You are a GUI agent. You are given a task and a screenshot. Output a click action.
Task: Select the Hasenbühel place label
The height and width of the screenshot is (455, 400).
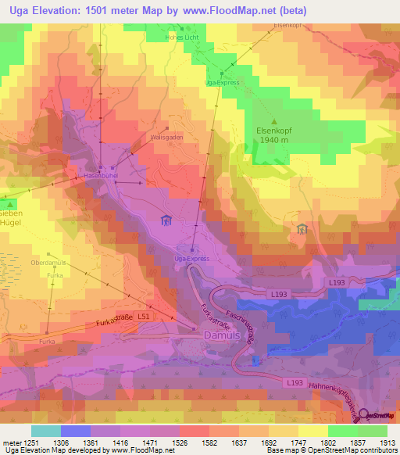(x=101, y=177)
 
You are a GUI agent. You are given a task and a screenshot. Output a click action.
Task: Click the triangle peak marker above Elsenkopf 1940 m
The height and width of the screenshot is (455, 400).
(x=274, y=120)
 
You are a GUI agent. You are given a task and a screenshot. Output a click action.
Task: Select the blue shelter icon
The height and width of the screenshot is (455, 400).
(x=166, y=222)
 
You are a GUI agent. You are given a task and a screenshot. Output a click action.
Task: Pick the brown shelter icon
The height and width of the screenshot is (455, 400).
(x=302, y=229)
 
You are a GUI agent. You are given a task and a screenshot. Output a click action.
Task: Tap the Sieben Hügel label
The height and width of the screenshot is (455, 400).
(x=16, y=217)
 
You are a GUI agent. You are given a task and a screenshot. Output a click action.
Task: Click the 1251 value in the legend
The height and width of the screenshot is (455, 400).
(x=30, y=443)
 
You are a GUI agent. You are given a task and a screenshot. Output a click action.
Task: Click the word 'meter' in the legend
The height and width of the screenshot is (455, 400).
(x=10, y=443)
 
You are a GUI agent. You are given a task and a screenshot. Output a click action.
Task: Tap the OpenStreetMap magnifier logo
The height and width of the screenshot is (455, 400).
(x=365, y=414)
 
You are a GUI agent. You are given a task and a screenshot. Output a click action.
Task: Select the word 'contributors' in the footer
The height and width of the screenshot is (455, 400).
(x=377, y=451)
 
